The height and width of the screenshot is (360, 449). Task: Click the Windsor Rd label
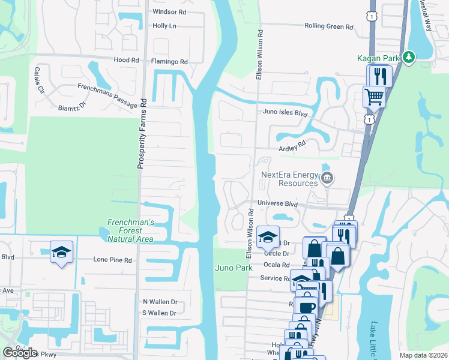pos(169,11)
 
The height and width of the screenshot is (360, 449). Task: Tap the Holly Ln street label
pos(164,26)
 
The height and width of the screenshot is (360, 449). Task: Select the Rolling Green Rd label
pos(329,26)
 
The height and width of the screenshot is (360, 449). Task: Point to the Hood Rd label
pos(126,60)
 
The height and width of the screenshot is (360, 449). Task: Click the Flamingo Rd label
pos(170,61)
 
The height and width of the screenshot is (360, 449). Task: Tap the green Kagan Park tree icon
pos(409,57)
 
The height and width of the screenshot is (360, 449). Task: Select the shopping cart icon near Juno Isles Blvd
pos(373,95)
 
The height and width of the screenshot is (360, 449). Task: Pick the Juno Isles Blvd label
pos(285,112)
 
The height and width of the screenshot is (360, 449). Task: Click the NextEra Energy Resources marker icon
pos(327,178)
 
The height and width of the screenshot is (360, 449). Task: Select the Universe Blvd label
pos(277,203)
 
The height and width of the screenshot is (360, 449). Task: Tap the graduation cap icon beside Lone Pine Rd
pos(61,252)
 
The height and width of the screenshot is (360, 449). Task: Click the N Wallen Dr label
pos(160,302)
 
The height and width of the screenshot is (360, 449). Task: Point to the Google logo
pos(20,352)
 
